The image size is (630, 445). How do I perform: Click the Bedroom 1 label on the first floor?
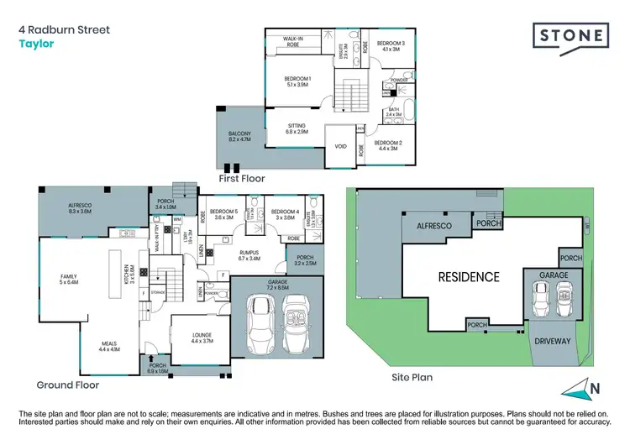pos(297,82)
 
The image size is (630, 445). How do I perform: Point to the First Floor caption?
pos(241,179)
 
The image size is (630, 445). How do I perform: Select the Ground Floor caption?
pos(68,385)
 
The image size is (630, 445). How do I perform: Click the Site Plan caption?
pos(412,378)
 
